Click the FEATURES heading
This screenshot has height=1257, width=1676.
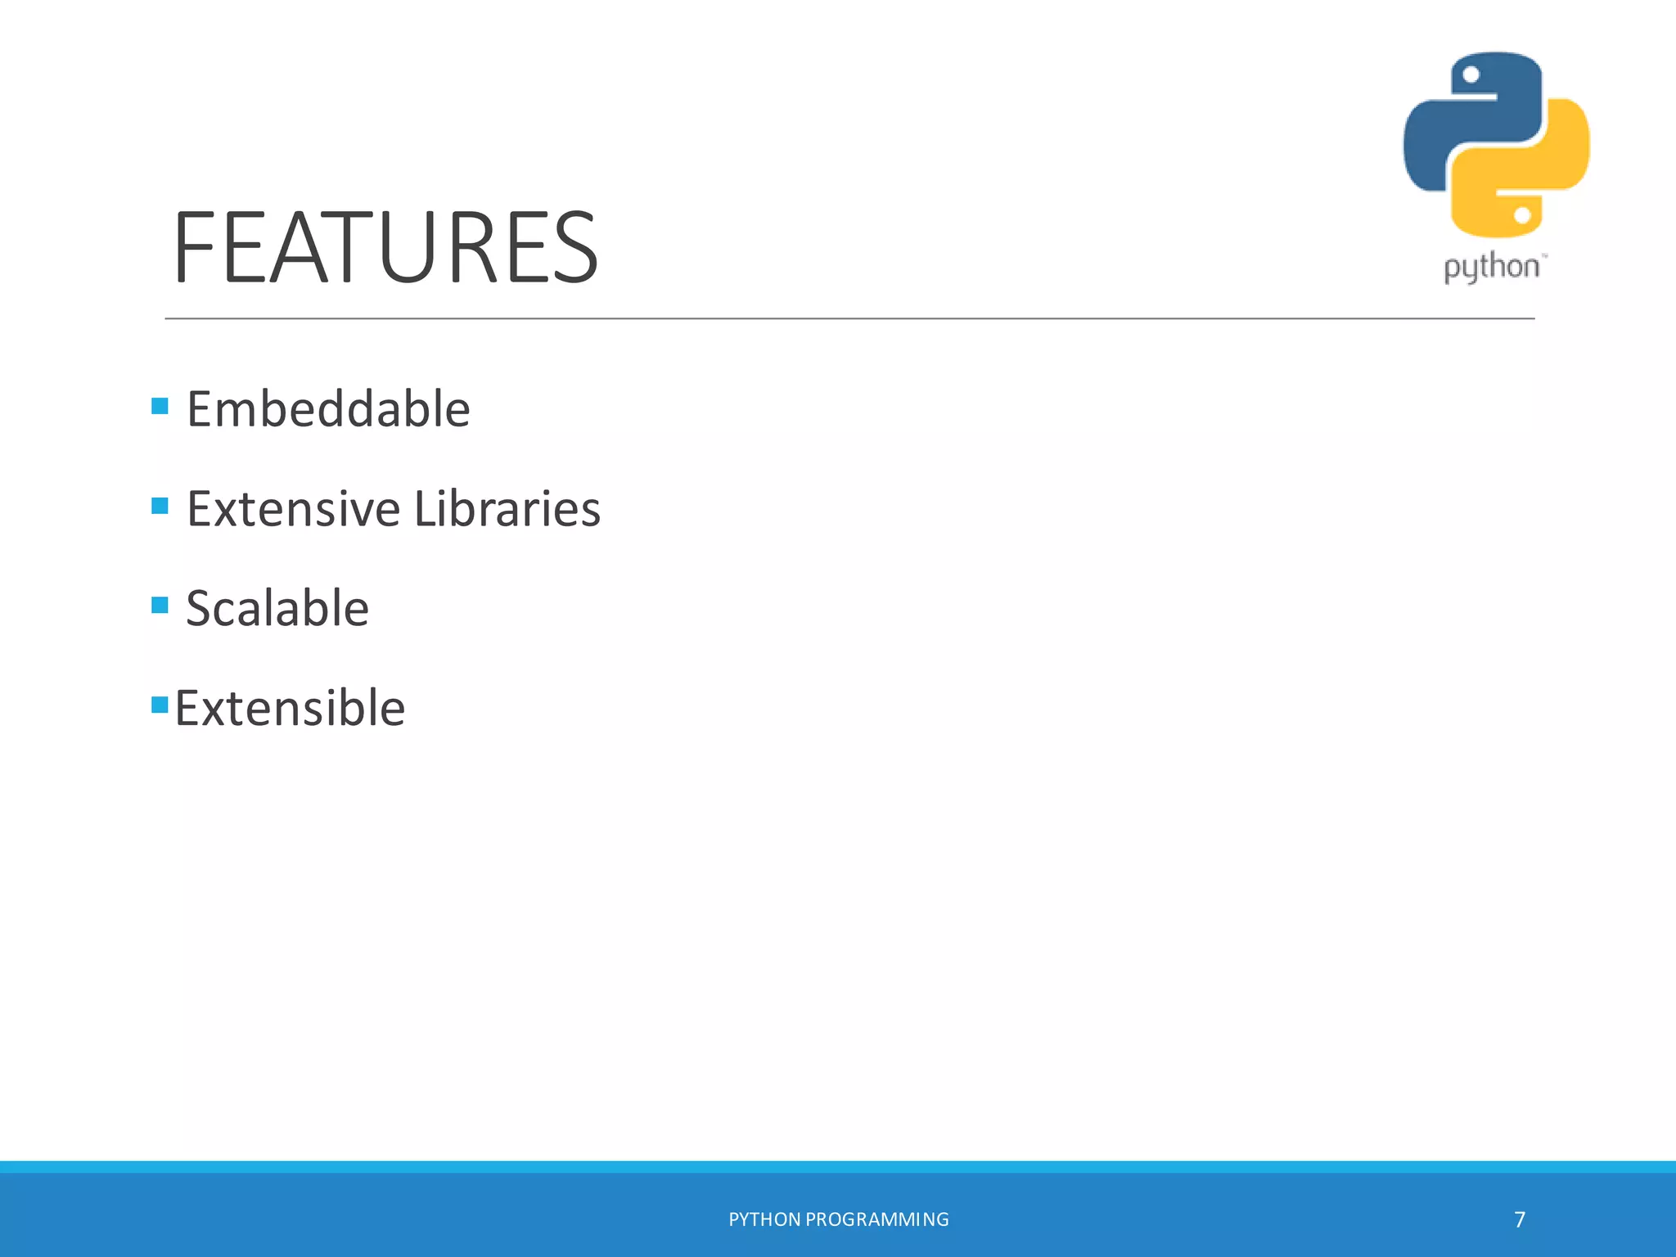[x=385, y=247]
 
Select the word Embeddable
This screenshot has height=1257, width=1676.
[x=328, y=409]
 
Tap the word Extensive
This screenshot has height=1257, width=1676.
[x=293, y=509]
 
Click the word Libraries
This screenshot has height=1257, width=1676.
[x=507, y=509]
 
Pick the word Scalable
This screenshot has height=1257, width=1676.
[x=277, y=609]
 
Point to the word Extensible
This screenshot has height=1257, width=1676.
[x=290, y=709]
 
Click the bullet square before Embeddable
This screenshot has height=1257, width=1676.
[x=160, y=406]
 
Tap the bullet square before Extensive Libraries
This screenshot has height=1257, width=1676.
[x=160, y=506]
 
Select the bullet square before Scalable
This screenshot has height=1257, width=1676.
[x=160, y=606]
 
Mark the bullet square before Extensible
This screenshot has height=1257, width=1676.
[x=160, y=705]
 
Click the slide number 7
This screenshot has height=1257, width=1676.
[x=1520, y=1220]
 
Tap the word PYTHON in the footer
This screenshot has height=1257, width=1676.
[x=764, y=1220]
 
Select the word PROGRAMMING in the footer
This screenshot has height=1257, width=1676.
[x=877, y=1220]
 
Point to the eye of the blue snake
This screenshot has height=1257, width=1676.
[x=1471, y=75]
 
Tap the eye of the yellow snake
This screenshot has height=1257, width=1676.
[x=1522, y=216]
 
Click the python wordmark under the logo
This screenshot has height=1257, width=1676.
[x=1492, y=268]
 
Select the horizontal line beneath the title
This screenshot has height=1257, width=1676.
[x=849, y=318]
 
